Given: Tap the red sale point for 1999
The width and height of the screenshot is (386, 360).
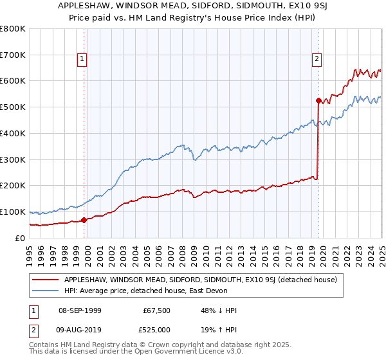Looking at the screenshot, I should [84, 221].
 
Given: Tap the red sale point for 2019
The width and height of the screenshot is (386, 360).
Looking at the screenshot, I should [318, 100].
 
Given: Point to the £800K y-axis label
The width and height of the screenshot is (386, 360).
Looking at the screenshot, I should [13, 29].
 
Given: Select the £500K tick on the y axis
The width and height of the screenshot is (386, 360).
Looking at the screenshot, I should [13, 107].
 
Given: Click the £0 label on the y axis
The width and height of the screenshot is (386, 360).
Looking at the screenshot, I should [21, 238].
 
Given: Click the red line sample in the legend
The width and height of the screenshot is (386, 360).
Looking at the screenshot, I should [46, 279].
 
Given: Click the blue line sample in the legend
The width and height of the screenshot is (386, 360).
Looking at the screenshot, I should [46, 291].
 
